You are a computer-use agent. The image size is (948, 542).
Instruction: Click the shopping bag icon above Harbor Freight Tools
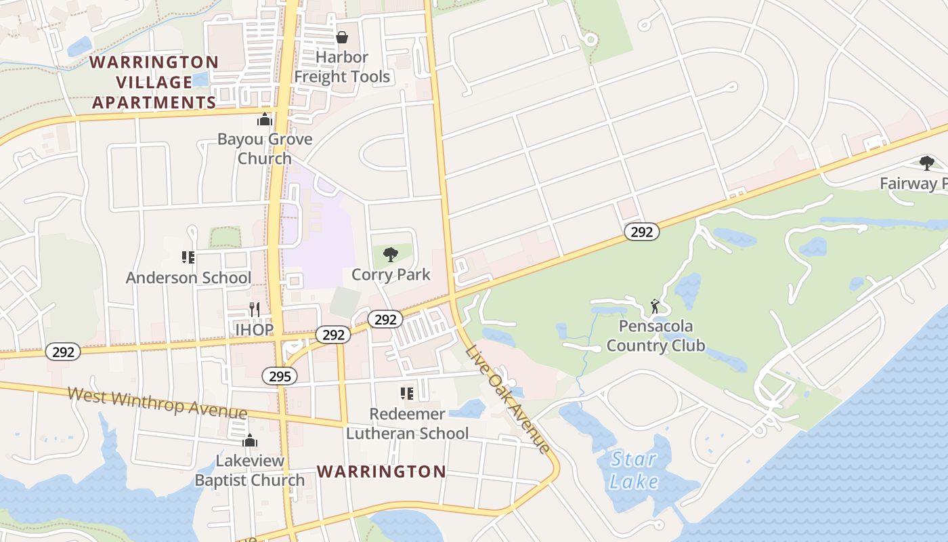[342, 37]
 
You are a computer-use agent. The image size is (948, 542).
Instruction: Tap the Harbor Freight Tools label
[342, 67]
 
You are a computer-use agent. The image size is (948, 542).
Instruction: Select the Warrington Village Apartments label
[154, 83]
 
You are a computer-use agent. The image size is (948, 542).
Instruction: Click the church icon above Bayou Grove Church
[264, 120]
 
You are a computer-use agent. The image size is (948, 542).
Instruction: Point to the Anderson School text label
[188, 278]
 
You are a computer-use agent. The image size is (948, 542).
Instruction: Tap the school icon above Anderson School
[188, 257]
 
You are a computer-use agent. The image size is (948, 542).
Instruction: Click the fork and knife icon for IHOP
[255, 310]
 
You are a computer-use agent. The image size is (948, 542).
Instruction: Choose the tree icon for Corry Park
[390, 255]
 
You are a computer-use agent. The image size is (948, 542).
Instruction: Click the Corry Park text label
[391, 274]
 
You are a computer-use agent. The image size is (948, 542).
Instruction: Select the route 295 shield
[280, 376]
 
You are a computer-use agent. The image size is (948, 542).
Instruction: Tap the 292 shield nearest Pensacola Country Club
[641, 232]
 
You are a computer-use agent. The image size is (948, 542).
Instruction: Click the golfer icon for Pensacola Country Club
[655, 306]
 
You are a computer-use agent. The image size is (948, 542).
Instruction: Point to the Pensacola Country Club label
[655, 336]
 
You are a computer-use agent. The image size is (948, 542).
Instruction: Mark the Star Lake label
[634, 470]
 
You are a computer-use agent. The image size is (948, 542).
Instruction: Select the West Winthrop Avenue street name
[157, 404]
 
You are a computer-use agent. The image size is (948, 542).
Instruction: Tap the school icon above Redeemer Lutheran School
[406, 394]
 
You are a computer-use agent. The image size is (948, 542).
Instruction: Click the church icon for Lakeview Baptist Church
[250, 441]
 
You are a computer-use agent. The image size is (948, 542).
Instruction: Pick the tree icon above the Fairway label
[926, 163]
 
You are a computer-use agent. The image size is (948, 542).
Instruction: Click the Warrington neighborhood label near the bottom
[381, 472]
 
